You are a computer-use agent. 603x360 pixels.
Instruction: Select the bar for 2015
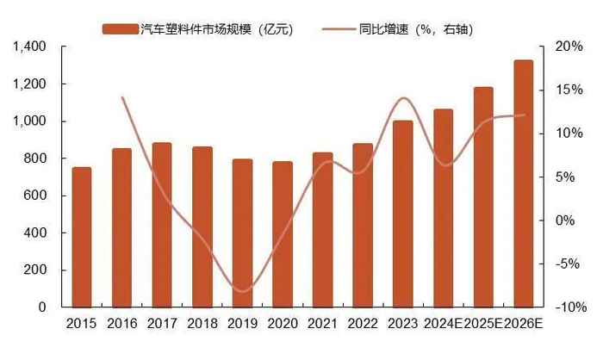click(82, 237)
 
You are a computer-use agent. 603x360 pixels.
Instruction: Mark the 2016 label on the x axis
click(121, 325)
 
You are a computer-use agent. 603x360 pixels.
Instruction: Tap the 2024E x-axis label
click(443, 325)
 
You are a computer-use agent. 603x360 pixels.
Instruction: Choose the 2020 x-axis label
click(283, 325)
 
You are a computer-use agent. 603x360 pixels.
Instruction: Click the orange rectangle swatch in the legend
click(120, 30)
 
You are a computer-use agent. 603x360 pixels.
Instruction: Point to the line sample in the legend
click(339, 30)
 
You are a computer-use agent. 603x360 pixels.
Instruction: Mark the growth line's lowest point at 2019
click(243, 291)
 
